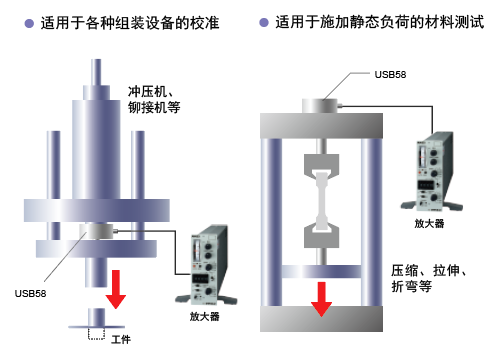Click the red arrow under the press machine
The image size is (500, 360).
click(x=116, y=289)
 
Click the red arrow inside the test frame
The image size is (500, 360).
click(x=321, y=299)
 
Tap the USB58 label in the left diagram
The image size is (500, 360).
click(x=30, y=293)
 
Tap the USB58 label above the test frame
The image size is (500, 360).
click(x=390, y=74)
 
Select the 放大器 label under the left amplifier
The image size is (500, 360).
click(x=205, y=316)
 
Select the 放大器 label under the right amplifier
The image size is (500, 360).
click(x=429, y=223)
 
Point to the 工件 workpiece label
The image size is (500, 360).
click(x=121, y=340)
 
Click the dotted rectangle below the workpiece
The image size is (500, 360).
click(x=97, y=334)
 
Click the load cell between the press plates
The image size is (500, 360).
click(x=96, y=231)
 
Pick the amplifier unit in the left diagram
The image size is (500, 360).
click(x=206, y=265)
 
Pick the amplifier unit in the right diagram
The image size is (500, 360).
click(x=432, y=171)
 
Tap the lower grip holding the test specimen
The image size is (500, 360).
click(x=321, y=235)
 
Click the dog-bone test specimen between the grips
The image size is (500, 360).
click(x=322, y=201)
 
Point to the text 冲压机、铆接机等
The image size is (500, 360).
click(x=154, y=99)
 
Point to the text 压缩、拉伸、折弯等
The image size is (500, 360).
click(x=429, y=278)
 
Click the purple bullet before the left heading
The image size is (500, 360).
click(x=29, y=23)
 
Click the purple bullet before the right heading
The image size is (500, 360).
click(x=264, y=23)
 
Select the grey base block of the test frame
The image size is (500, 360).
click(x=321, y=319)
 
